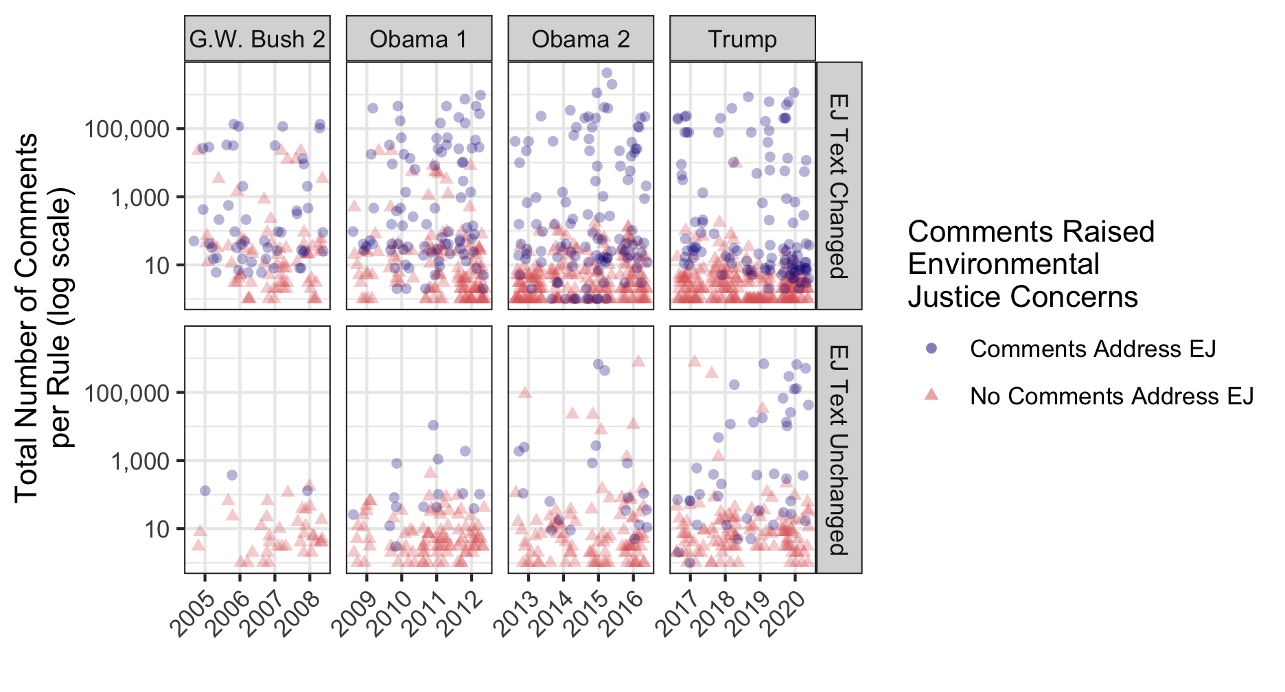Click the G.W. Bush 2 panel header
257,39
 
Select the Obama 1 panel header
419,39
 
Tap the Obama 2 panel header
581,39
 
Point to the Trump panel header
743,39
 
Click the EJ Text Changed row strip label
839,186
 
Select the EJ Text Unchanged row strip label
839,450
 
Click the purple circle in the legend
931,348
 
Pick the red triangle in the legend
931,395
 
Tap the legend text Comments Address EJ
1093,349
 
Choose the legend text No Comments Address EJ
1111,396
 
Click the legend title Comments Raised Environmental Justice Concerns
1031,264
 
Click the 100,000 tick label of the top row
126,129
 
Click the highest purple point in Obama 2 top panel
607,73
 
